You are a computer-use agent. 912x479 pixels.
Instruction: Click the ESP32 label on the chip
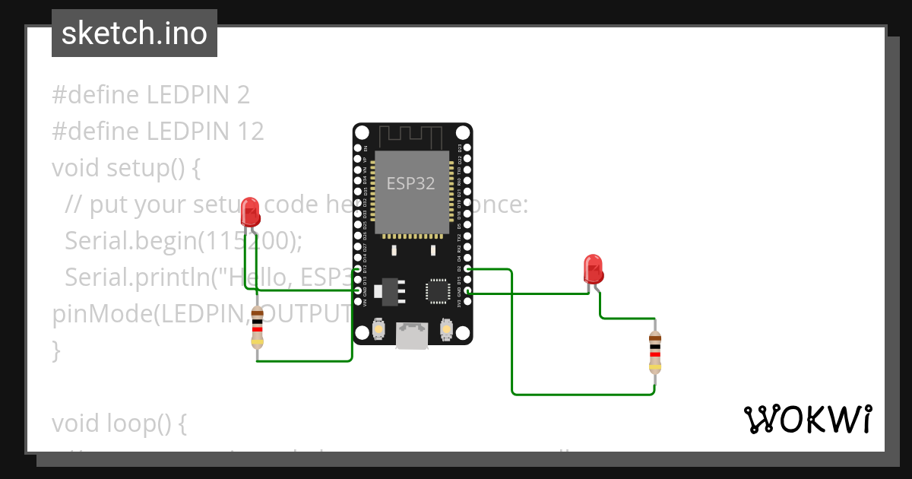coord(411,183)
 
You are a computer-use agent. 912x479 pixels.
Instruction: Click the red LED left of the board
coord(250,212)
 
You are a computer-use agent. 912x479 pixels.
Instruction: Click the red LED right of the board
coord(593,269)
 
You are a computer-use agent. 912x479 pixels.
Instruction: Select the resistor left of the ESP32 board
coord(258,327)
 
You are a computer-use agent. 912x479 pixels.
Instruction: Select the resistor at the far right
coord(654,353)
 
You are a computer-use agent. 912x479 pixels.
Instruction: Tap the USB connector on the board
coord(411,335)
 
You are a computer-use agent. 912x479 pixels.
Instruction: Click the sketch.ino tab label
coord(135,33)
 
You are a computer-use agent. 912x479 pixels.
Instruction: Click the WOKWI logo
coord(807,420)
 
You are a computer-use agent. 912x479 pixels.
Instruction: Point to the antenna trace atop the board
coord(411,138)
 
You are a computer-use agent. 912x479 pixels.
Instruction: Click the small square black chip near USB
coord(438,290)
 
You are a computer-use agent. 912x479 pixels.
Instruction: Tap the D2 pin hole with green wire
coord(467,269)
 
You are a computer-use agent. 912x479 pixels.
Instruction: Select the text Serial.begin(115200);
coord(183,241)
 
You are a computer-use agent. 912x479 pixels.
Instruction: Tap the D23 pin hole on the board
coord(467,148)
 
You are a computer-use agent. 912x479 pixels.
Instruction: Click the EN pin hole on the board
coord(358,148)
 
